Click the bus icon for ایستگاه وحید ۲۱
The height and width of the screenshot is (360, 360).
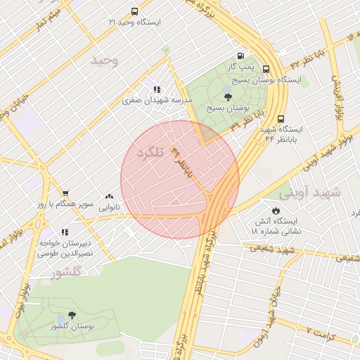click(134, 11)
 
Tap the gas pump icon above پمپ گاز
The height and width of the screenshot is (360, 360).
click(241, 56)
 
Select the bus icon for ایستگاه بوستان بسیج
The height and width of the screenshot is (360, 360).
click(266, 69)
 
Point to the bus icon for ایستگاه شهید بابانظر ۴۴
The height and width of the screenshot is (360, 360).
click(281, 119)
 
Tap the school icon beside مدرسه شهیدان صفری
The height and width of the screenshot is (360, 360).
click(156, 89)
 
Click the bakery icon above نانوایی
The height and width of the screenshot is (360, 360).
click(109, 197)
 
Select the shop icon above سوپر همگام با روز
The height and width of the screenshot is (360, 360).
click(65, 193)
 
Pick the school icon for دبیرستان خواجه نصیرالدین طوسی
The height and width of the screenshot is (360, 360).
click(65, 231)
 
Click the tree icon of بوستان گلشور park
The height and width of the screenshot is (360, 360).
click(72, 316)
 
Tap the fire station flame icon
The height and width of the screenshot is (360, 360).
click(276, 210)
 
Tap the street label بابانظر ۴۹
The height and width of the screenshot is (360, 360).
click(181, 164)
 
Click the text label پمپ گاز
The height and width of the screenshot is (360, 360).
click(240, 66)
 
